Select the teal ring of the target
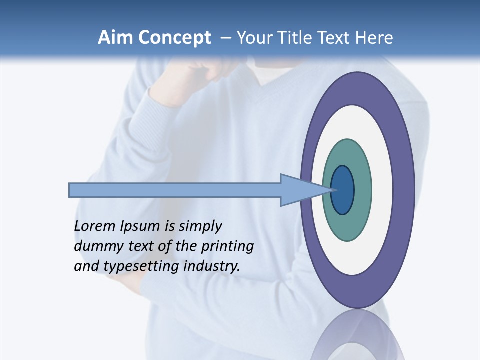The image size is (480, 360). pos(347,227)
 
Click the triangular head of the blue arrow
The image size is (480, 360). pos(300,190)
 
